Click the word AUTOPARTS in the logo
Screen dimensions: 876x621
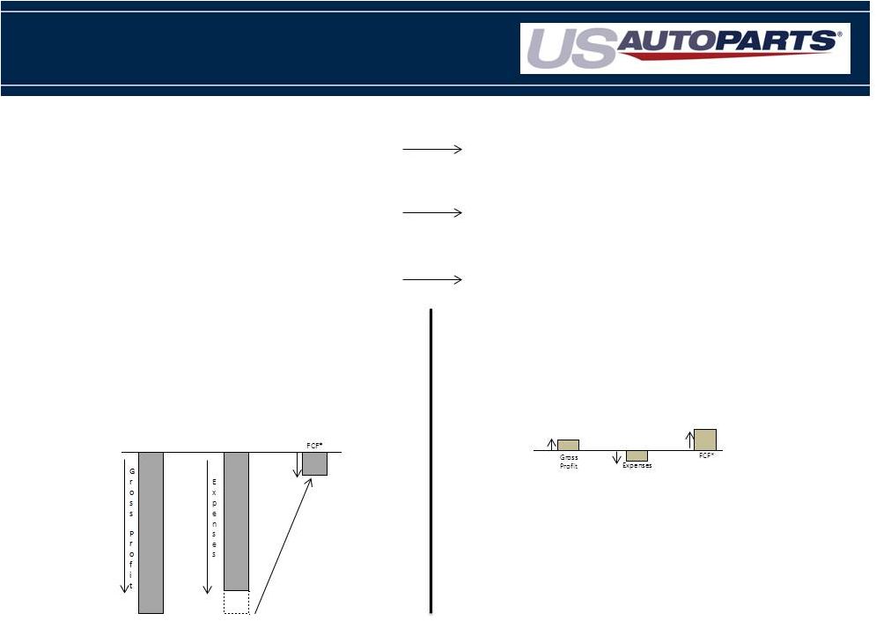click(726, 41)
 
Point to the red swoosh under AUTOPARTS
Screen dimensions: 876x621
click(726, 55)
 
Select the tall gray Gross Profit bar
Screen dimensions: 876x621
click(151, 533)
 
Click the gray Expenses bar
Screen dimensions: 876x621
click(236, 521)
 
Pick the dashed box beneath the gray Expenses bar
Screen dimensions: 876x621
click(236, 602)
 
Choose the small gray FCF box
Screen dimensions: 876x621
click(314, 464)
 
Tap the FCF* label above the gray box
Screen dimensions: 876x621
click(314, 446)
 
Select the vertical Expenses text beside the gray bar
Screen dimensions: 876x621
click(214, 518)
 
